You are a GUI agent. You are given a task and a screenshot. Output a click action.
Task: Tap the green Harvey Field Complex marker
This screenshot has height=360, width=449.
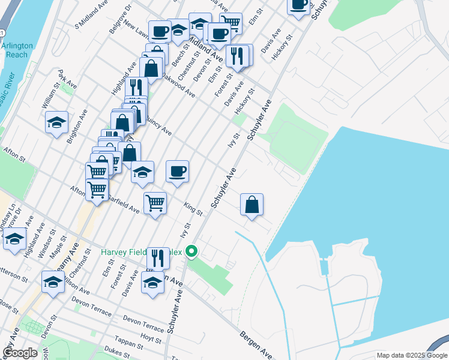click(192, 251)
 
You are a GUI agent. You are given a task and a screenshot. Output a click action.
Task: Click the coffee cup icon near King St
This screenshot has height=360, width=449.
click(177, 172)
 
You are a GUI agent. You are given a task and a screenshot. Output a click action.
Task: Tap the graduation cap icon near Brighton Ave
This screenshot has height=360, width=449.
click(57, 124)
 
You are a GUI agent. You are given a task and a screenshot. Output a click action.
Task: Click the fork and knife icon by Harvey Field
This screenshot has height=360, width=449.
click(158, 258)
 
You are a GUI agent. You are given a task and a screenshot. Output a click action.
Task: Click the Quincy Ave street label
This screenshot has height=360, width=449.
click(157, 128)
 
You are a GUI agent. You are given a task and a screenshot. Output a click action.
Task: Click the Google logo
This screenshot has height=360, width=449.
click(20, 352)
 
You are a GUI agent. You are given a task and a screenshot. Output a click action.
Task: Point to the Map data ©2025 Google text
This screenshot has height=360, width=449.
click(411, 355)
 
